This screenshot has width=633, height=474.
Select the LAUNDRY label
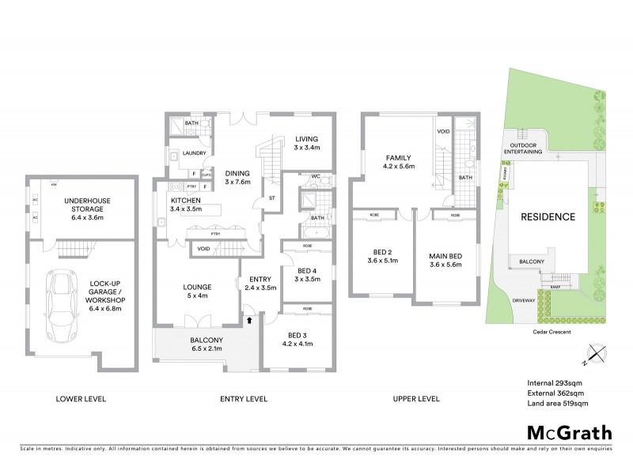coord(194,153)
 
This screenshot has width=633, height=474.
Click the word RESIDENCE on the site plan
coord(547,216)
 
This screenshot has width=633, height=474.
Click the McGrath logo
coord(569,432)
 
